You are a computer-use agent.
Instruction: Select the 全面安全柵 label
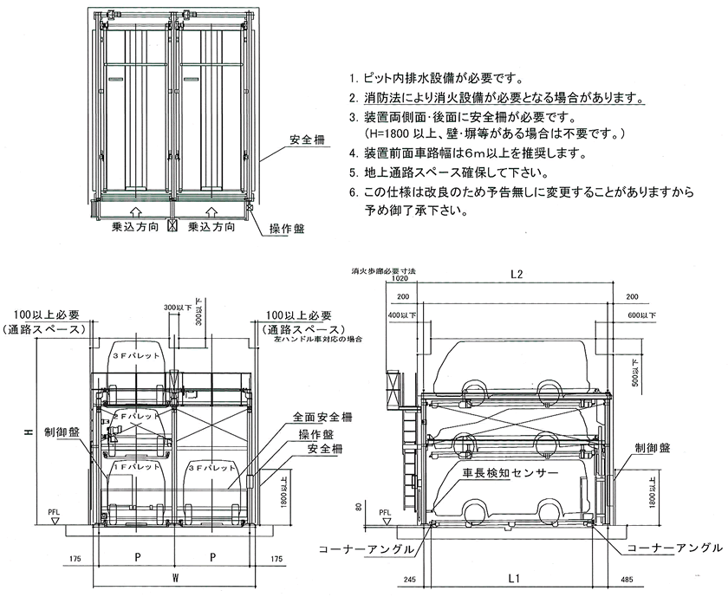point(317,418)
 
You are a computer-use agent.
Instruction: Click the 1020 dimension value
point(399,281)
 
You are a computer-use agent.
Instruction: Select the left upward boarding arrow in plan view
point(133,211)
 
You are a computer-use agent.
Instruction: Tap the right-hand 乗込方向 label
point(213,229)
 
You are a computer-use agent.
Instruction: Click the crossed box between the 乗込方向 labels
point(172,228)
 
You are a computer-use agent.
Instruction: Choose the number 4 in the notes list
point(354,154)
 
